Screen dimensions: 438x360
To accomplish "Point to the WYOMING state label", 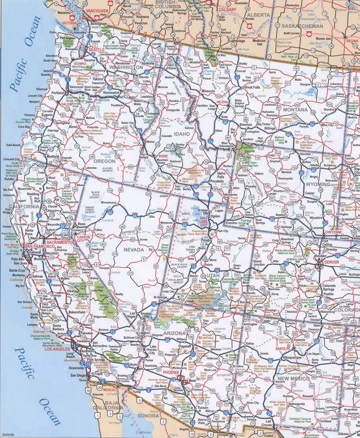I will (x=318, y=184).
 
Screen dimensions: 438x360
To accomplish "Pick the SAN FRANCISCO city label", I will (x=40, y=247).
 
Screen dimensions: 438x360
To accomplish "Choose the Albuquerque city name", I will (x=291, y=356).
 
